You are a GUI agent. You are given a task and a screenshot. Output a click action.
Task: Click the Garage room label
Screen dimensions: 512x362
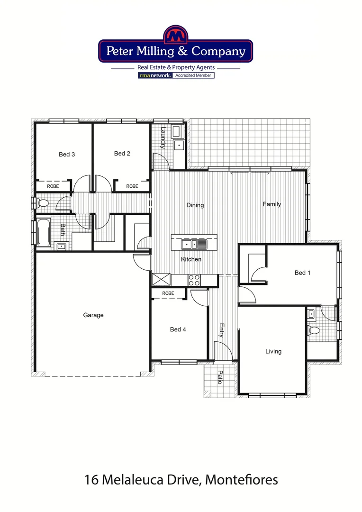pyautogui.click(x=93, y=315)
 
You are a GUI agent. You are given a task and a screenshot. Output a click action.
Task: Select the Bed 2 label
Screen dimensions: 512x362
pyautogui.click(x=122, y=154)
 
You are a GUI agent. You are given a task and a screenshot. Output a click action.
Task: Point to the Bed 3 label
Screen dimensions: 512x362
pyautogui.click(x=67, y=155)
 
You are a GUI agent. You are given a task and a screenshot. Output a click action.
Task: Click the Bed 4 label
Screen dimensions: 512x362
pyautogui.click(x=178, y=329)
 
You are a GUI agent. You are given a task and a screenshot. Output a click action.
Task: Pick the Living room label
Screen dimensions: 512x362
pyautogui.click(x=273, y=351)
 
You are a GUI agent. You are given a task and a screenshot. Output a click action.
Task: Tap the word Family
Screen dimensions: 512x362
pyautogui.click(x=272, y=204)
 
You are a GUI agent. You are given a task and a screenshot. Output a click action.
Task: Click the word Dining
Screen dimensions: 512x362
pyautogui.click(x=195, y=205)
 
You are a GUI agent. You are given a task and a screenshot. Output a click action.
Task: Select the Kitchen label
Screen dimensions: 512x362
pyautogui.click(x=191, y=259)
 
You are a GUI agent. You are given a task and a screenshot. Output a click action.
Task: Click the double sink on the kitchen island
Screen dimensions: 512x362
pyautogui.click(x=194, y=245)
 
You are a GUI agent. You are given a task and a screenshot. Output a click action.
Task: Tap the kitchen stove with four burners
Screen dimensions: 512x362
pyautogui.click(x=194, y=280)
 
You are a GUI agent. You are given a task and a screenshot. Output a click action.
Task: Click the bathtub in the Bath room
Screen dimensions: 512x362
pyautogui.click(x=43, y=232)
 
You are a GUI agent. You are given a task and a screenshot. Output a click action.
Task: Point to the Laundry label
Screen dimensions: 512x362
pyautogui.click(x=163, y=137)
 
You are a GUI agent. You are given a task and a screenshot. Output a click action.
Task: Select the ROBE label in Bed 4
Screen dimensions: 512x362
pyautogui.click(x=168, y=293)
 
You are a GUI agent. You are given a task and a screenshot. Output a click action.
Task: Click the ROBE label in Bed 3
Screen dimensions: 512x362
pyautogui.click(x=53, y=186)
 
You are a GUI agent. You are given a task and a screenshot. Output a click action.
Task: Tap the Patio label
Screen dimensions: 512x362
pyautogui.click(x=219, y=377)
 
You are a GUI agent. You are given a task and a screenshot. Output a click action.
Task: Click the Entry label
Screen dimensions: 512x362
pyautogui.click(x=221, y=330)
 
